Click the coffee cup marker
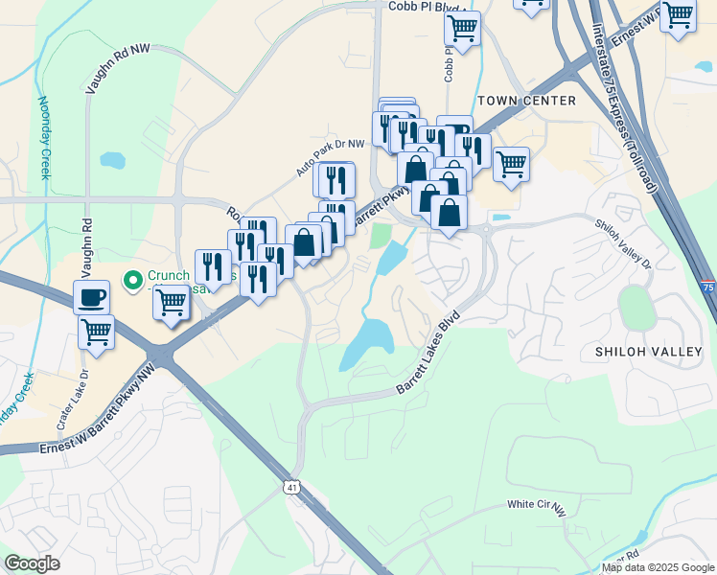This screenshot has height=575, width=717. click(x=91, y=297)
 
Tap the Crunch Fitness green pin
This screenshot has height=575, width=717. click(x=133, y=281)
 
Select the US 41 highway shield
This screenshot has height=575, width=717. click(x=291, y=488)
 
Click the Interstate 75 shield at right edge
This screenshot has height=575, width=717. click(x=706, y=287)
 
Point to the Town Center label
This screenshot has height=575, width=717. click(x=526, y=101)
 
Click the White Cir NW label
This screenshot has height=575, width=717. click(x=537, y=505)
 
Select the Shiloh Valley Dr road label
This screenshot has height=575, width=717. click(x=624, y=244)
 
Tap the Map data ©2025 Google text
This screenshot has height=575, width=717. click(x=658, y=568)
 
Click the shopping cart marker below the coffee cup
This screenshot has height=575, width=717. click(x=96, y=332)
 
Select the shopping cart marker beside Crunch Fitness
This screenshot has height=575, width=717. click(x=172, y=302)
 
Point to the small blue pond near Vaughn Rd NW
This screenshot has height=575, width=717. click(x=112, y=159)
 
